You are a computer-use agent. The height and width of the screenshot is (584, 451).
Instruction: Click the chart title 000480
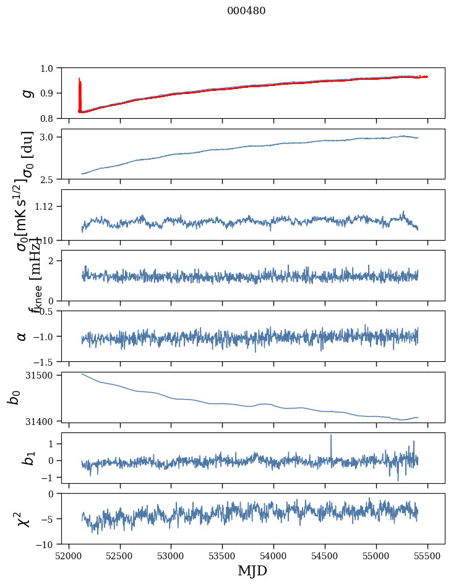click(x=246, y=11)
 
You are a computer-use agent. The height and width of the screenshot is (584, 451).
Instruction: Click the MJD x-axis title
click(x=252, y=570)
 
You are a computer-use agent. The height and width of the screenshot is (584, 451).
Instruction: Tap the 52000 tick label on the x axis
click(x=69, y=555)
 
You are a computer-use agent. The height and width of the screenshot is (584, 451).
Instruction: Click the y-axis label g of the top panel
click(x=26, y=93)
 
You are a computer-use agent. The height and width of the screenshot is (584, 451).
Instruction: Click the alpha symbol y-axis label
click(x=22, y=336)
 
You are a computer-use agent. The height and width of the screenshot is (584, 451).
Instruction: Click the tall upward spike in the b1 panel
click(x=331, y=436)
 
